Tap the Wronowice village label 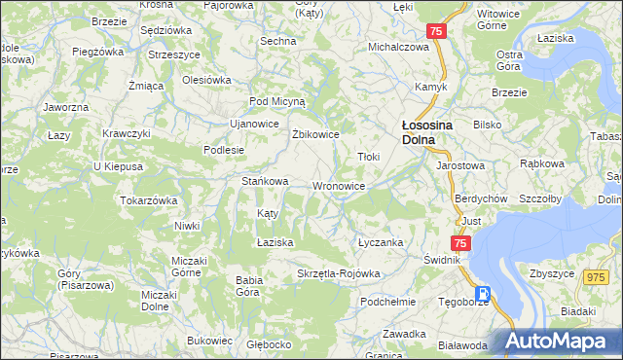tap(339, 186)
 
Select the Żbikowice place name tap(315, 134)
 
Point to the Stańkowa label tap(265, 181)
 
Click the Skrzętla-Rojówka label tap(338, 273)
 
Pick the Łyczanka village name tap(381, 242)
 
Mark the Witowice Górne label tap(499, 22)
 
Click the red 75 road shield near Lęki tap(436, 32)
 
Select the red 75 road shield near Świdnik tap(460, 243)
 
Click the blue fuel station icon tap(481, 295)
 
